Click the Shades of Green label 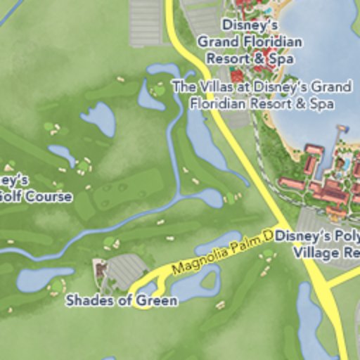pos(122,300)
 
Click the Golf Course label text pos(35,196)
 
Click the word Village pos(314,252)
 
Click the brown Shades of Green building pos(101,269)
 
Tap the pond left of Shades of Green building pos(44,278)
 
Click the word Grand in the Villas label pos(331,88)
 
